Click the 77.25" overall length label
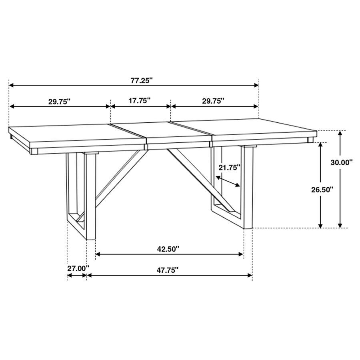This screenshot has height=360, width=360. [x=142, y=80]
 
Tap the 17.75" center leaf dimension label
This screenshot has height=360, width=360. [x=140, y=100]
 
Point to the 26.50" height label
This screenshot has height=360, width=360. [x=322, y=190]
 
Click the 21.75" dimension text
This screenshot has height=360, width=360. [x=230, y=168]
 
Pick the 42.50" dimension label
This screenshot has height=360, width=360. [x=168, y=249]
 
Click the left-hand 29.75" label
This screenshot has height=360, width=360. [x=60, y=101]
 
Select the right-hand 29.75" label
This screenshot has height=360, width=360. [x=213, y=101]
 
